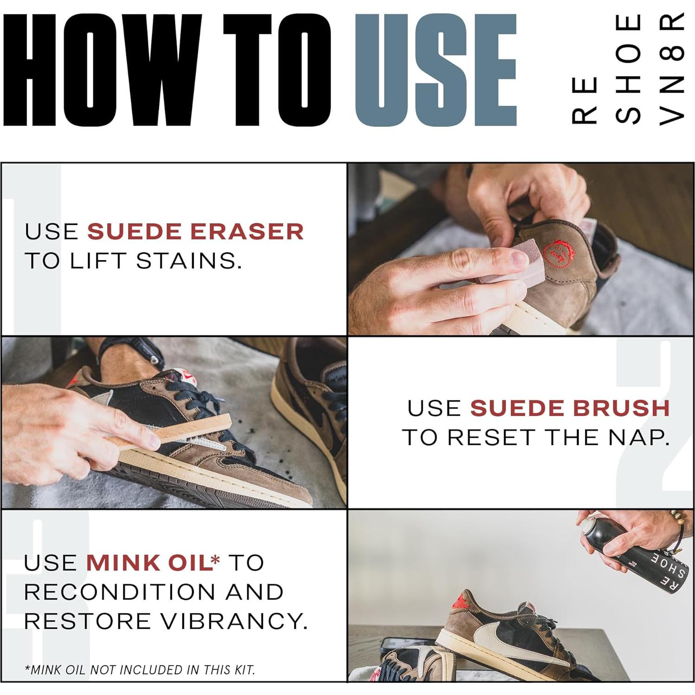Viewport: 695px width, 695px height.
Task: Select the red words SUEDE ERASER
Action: (195, 231)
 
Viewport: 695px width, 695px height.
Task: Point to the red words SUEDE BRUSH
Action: (570, 408)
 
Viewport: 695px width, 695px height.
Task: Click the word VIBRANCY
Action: (235, 621)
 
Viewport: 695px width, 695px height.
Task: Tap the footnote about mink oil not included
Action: (140, 669)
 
